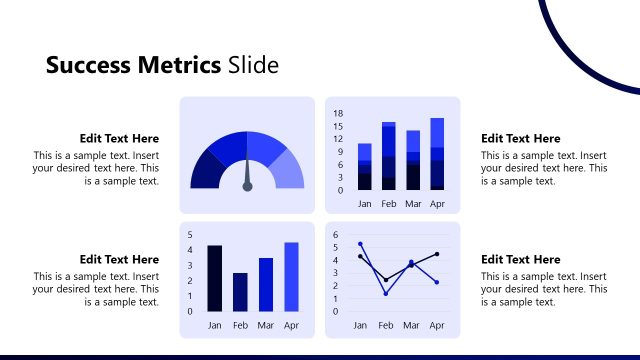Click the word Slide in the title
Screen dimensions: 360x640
pos(253,66)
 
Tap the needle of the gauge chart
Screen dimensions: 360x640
pos(247,178)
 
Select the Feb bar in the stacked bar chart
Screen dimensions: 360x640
pos(389,156)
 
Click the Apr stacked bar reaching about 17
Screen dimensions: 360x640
pos(437,153)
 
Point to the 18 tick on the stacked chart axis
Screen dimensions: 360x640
pos(339,114)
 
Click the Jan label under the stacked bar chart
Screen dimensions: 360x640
pos(365,203)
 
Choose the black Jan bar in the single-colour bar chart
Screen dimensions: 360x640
pos(214,278)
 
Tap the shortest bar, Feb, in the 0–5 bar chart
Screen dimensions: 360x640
pos(240,292)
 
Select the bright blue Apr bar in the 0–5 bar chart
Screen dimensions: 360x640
pos(291,277)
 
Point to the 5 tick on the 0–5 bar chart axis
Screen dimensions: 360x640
pos(190,234)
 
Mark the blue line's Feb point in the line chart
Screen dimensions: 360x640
pos(386,293)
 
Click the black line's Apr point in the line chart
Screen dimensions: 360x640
pos(437,254)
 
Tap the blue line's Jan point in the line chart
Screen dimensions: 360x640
pos(360,243)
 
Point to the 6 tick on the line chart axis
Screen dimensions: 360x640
pos(336,234)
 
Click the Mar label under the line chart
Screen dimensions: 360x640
pos(411,325)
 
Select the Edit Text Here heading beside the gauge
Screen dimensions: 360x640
pos(119,139)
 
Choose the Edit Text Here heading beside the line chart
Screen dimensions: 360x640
pos(520,259)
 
